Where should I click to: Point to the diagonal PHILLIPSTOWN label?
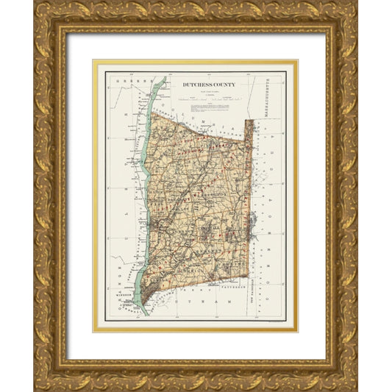(166, 298)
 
